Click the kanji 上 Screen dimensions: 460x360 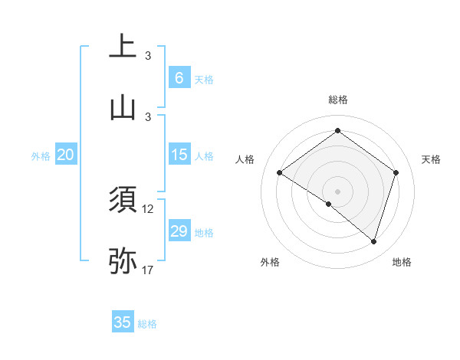click(123, 46)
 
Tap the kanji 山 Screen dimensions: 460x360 click(123, 107)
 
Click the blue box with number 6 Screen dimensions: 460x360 click(179, 78)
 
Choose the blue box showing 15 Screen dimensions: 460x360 click(179, 155)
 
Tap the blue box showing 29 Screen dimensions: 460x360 click(179, 231)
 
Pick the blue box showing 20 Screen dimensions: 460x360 click(66, 155)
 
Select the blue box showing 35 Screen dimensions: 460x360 click(123, 322)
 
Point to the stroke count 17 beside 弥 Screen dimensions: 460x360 click(148, 270)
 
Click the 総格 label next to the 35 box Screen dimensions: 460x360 click(147, 324)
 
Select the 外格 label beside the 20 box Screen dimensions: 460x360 click(41, 155)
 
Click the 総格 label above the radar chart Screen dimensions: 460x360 click(337, 100)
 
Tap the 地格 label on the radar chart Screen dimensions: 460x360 click(402, 262)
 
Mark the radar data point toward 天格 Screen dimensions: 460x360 click(396, 172)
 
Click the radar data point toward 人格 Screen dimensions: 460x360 click(279, 172)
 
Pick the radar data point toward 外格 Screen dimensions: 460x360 click(329, 204)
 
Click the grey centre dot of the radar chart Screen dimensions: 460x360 click(337, 191)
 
